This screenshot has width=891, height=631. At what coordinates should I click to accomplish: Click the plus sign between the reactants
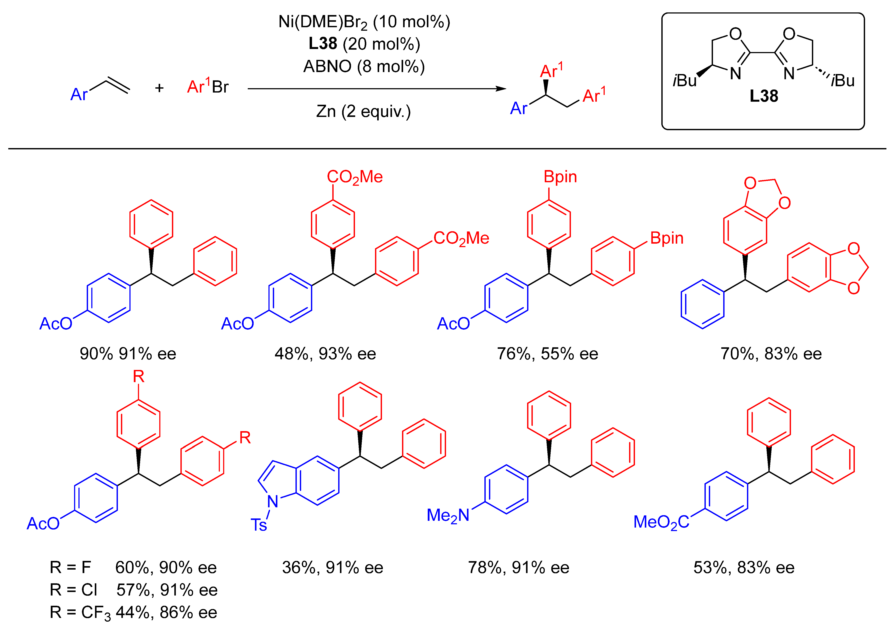[x=159, y=88]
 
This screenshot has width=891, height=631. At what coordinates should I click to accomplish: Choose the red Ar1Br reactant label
[x=208, y=87]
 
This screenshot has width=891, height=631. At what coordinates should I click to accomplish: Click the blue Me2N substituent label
[x=448, y=516]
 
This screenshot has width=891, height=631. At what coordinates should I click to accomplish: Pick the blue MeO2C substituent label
[x=661, y=522]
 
